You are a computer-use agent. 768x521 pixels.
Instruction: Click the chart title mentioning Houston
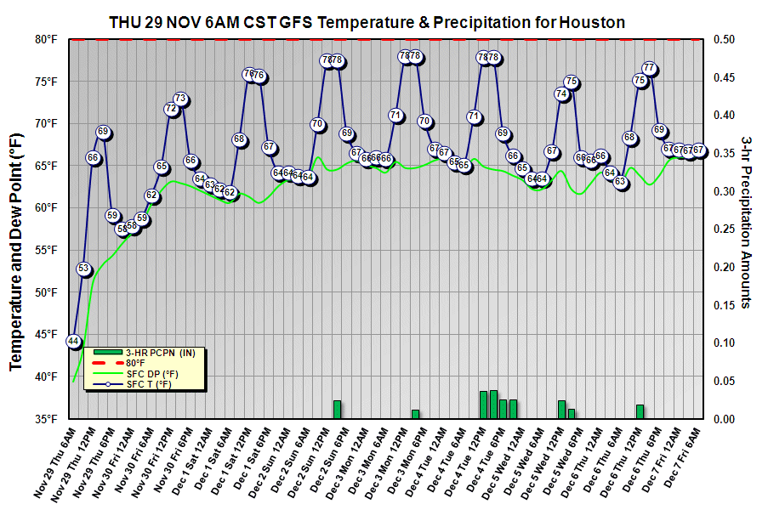367,23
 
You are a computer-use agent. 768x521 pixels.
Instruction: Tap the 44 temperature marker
74,341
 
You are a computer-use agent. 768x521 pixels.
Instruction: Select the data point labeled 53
83,269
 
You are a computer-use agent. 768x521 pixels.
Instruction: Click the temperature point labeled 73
180,99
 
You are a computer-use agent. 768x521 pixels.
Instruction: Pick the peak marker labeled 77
649,68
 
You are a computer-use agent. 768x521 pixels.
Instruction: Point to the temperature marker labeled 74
561,94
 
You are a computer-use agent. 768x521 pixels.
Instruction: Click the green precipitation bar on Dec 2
337,409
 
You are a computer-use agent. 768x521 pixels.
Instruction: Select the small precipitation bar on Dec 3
415,414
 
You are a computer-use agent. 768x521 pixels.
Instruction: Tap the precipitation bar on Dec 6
640,411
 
